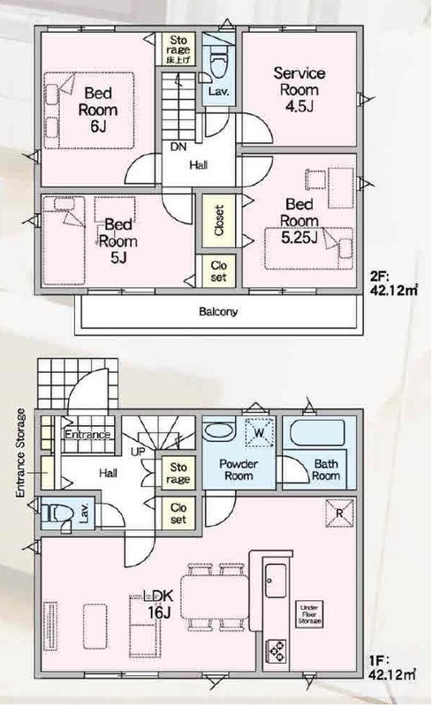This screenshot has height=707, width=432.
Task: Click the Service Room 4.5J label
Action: [x=299, y=89]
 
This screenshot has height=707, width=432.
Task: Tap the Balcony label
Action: [x=218, y=312]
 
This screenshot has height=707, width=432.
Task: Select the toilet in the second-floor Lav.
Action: [x=218, y=67]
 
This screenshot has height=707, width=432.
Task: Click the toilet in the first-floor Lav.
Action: [x=59, y=513]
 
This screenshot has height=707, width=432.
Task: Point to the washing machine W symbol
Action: [x=259, y=433]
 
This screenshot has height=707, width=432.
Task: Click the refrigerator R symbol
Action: [x=339, y=513]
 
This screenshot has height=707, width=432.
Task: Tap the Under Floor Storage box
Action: [x=310, y=613]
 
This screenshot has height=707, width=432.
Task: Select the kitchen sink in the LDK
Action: [x=275, y=581]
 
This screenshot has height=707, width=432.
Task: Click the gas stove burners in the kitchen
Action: [x=275, y=650]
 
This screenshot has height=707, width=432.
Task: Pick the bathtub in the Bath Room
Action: [x=317, y=433]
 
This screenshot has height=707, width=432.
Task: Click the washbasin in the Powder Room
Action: [x=219, y=431]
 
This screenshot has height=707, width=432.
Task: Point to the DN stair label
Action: [x=178, y=147]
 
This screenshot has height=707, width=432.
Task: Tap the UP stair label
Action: [x=138, y=451]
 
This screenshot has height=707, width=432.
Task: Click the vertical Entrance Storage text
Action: [x=20, y=453]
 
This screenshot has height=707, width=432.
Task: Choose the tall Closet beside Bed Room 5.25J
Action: [x=219, y=220]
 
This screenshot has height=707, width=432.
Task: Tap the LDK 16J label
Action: [x=158, y=604]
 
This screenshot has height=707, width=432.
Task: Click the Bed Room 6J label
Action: [x=98, y=110]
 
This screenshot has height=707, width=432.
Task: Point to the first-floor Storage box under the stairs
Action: [x=178, y=473]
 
